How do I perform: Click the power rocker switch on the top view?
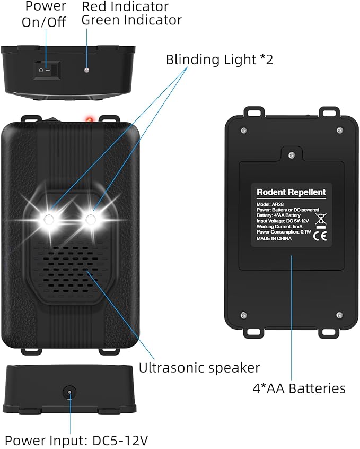click(47, 70)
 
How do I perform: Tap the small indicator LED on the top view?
click(86, 70)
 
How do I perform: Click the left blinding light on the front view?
click(48, 220)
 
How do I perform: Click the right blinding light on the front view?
click(91, 220)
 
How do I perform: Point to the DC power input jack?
click(69, 392)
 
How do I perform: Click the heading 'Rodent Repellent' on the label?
click(291, 192)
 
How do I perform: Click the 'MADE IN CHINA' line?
click(274, 238)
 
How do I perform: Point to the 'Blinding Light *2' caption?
click(219, 59)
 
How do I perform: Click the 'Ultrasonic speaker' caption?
click(199, 367)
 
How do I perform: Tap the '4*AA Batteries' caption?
click(299, 388)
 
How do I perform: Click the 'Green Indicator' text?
click(131, 20)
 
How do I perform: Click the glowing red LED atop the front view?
click(89, 118)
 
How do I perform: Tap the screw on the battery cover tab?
click(292, 155)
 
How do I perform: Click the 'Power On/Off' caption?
click(45, 14)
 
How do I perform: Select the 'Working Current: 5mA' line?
click(279, 227)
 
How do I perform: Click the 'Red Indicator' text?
click(125, 6)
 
